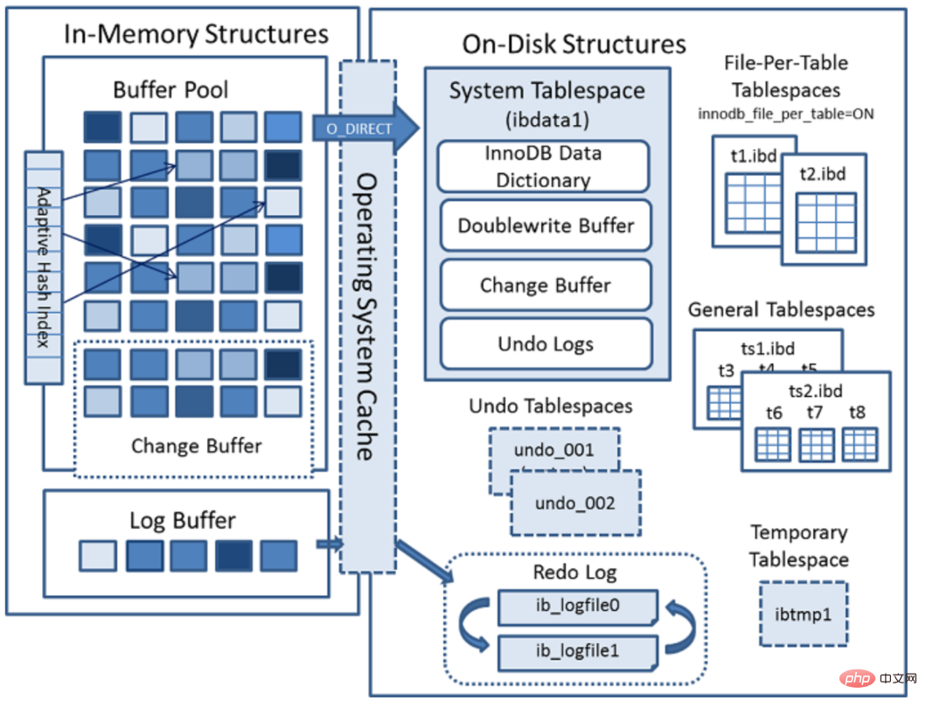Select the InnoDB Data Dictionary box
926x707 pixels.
point(543,166)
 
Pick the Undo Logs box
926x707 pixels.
point(546,343)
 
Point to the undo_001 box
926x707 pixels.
point(553,451)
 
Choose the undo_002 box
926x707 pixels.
point(575,503)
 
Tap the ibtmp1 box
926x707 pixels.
point(803,614)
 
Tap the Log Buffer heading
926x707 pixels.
point(182,521)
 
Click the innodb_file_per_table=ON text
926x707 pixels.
point(786,114)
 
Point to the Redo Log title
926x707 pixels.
point(574,572)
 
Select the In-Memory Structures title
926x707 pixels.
point(196,34)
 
